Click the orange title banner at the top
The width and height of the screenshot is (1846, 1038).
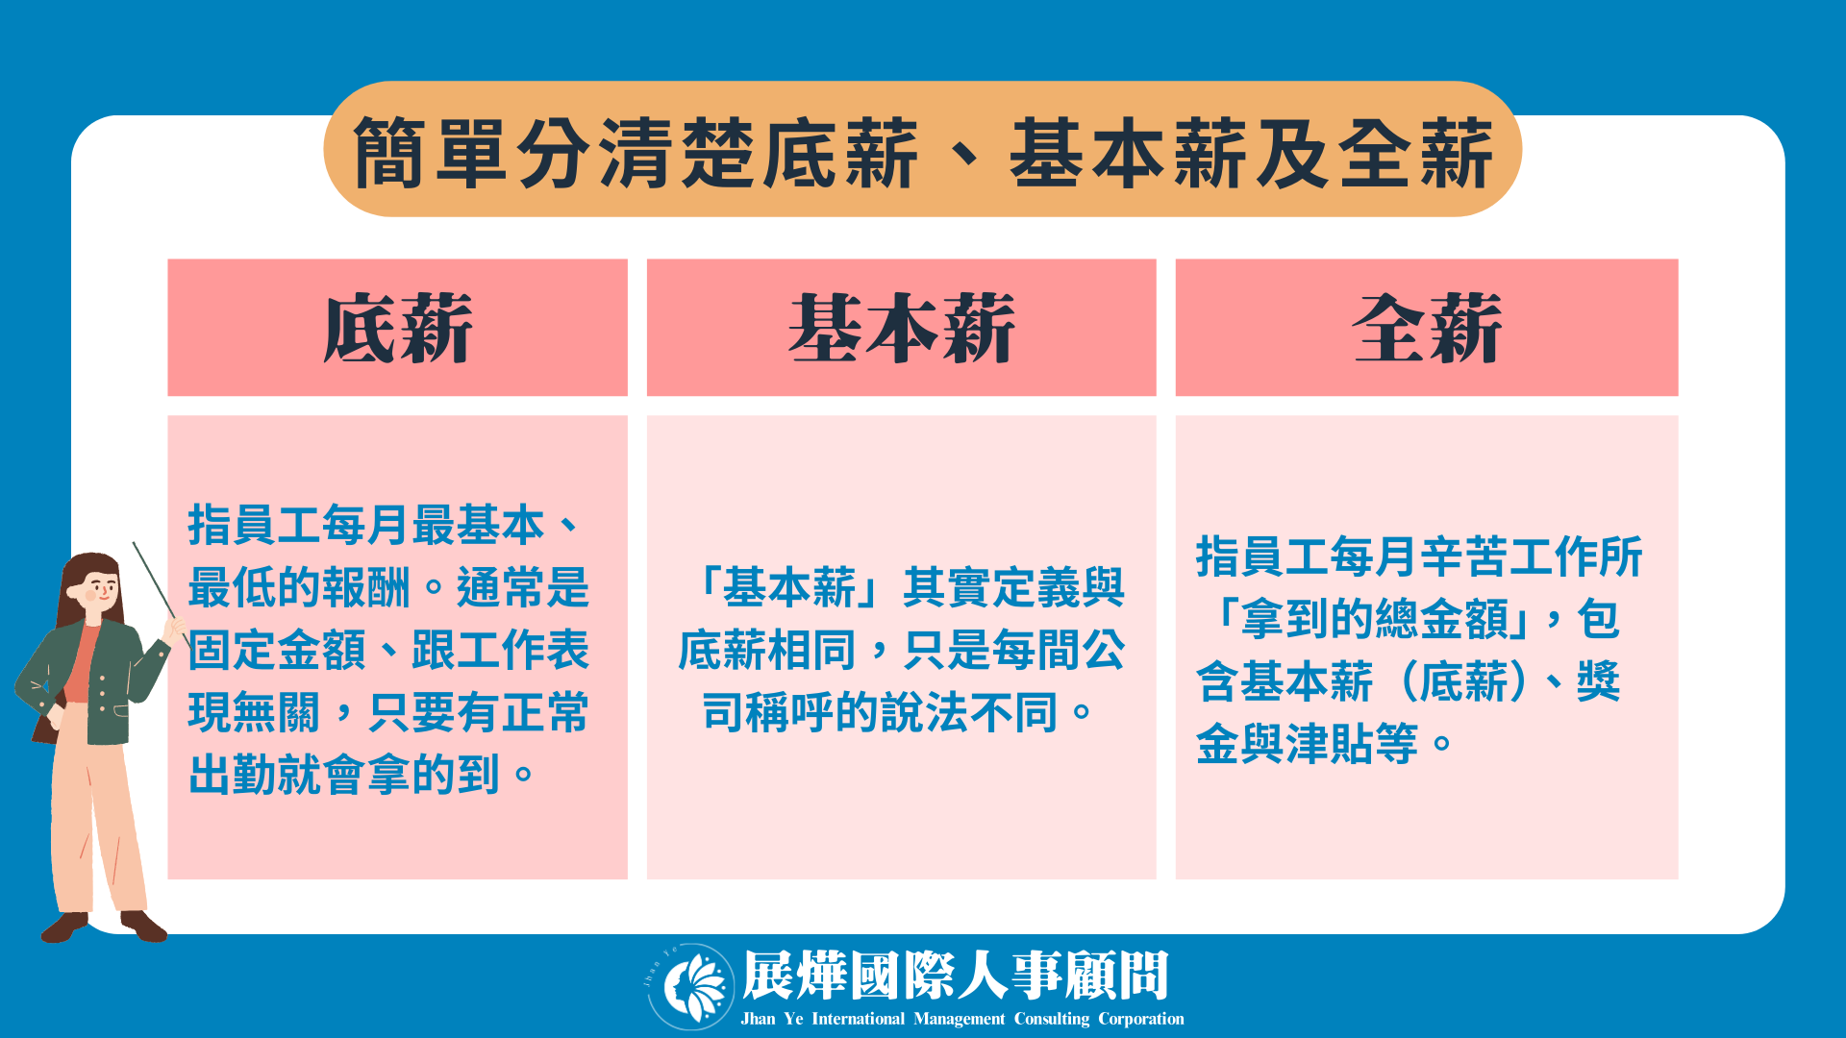pyautogui.click(x=922, y=149)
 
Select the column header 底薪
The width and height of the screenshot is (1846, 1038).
pyautogui.click(x=397, y=328)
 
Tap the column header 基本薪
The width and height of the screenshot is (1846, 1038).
pyautogui.click(x=901, y=328)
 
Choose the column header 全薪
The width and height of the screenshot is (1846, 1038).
pyautogui.click(x=1427, y=328)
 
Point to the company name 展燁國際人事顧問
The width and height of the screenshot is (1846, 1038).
pyautogui.click(x=956, y=976)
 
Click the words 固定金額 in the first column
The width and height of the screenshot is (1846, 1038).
pyautogui.click(x=277, y=651)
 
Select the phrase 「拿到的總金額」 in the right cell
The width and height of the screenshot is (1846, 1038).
pyautogui.click(x=1376, y=619)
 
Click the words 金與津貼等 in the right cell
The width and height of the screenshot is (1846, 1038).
pyautogui.click(x=1307, y=743)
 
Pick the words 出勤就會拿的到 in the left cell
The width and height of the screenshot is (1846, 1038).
pyautogui.click(x=344, y=775)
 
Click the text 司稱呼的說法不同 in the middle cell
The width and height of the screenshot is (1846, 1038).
pyautogui.click(x=880, y=712)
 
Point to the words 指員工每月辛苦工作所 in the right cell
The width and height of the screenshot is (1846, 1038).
pyautogui.click(x=1419, y=556)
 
